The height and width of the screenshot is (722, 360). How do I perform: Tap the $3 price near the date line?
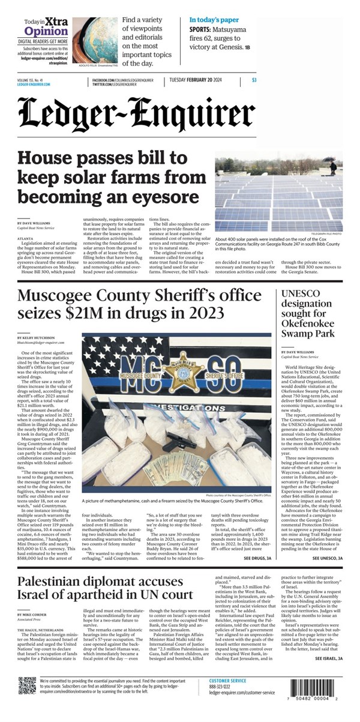click(x=254, y=80)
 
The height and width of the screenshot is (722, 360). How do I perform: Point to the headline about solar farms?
click(x=108, y=177)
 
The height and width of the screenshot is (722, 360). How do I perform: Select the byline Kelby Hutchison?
click(x=37, y=338)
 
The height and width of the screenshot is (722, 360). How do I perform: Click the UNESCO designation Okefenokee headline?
click(x=311, y=313)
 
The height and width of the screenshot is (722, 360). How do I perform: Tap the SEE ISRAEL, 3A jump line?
click(x=329, y=658)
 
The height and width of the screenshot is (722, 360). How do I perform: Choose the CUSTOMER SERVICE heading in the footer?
click(x=227, y=681)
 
